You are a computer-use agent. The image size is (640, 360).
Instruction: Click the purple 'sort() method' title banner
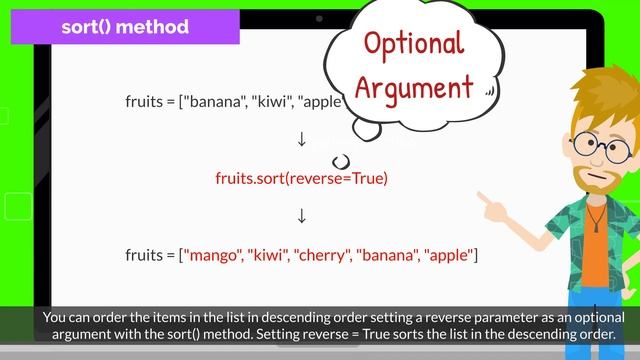click(125, 27)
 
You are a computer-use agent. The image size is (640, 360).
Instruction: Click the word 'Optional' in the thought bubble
click(413, 44)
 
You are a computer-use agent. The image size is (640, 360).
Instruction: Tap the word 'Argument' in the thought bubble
click(413, 87)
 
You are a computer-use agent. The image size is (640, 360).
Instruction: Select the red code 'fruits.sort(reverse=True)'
click(301, 178)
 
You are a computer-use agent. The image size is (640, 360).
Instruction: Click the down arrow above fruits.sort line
click(301, 138)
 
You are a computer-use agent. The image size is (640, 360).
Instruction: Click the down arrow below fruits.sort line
click(301, 216)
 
